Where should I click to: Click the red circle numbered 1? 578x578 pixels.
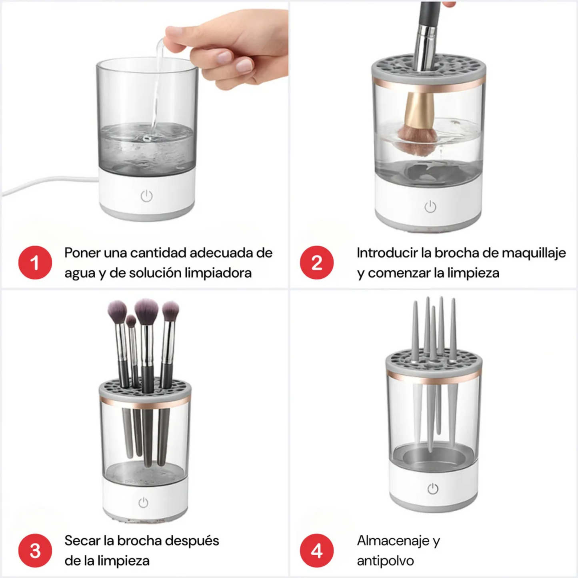35,262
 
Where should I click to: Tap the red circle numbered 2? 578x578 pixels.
316,262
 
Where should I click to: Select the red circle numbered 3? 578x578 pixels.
35,550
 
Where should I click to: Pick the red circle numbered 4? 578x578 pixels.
316,550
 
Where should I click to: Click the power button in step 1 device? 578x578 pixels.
147,196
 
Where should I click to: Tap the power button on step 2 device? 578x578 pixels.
430,207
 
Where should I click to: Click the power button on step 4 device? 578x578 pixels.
432,488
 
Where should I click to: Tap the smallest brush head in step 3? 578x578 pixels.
131,321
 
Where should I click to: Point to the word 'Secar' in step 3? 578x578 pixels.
82,540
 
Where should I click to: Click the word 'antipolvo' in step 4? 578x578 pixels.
385,561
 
